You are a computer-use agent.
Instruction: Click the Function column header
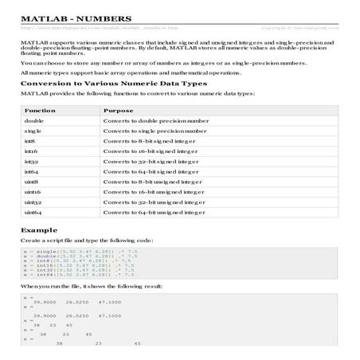pos(39,110)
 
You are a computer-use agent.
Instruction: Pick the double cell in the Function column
pos(33,120)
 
